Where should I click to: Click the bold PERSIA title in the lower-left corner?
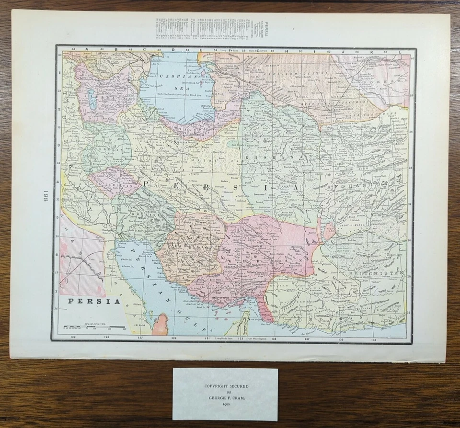pyautogui.click(x=94, y=301)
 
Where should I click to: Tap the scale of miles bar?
pyautogui.click(x=94, y=328)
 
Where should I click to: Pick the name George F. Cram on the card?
pyautogui.click(x=225, y=397)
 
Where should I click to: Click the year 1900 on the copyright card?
pyautogui.click(x=225, y=405)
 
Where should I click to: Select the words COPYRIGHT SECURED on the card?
pyautogui.click(x=225, y=385)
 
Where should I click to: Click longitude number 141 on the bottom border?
pyautogui.click(x=372, y=339)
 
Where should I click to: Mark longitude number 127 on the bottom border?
pyautogui.click(x=139, y=338)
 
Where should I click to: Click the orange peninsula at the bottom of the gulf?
pyautogui.click(x=161, y=325)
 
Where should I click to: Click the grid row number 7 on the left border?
pyautogui.click(x=58, y=290)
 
